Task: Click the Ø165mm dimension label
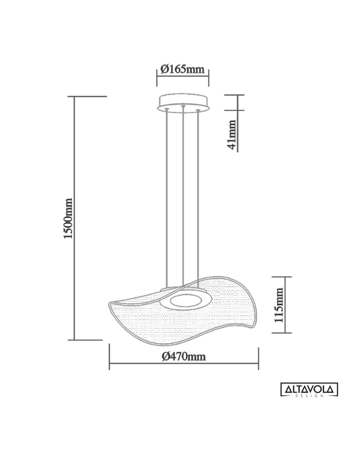pos(182,69)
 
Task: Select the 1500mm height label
pos(68,219)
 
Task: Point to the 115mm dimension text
pos(279,305)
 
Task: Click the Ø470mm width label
pos(184,357)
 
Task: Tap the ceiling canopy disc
pos(183,102)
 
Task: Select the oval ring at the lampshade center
pos(186,301)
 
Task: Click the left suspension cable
pos(167,195)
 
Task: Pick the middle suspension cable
pos(183,195)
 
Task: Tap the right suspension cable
pos(199,195)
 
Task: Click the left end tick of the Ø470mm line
pos(109,357)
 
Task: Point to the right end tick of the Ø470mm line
pos(258,357)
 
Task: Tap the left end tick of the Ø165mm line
pos(157,78)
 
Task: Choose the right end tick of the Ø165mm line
pos(209,78)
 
